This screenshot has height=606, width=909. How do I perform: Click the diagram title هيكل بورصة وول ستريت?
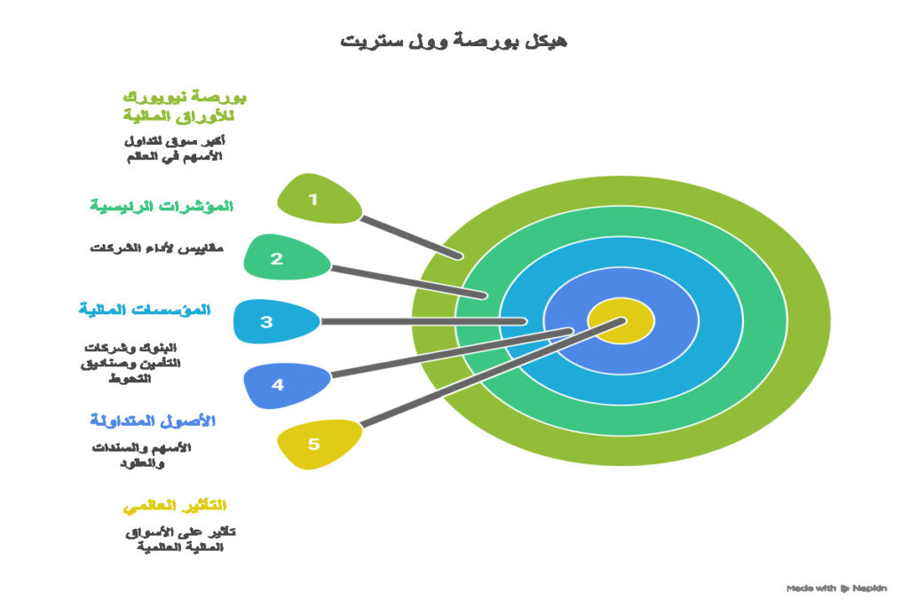(454, 41)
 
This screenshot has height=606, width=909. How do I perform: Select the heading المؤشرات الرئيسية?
(161, 206)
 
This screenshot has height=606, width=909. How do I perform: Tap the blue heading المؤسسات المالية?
(144, 310)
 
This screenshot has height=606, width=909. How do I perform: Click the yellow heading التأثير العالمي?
(174, 506)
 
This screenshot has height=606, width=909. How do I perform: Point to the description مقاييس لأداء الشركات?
(156, 248)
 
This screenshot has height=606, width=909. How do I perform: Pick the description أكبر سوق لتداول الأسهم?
(172, 147)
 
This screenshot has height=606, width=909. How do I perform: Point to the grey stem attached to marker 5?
(488, 382)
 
